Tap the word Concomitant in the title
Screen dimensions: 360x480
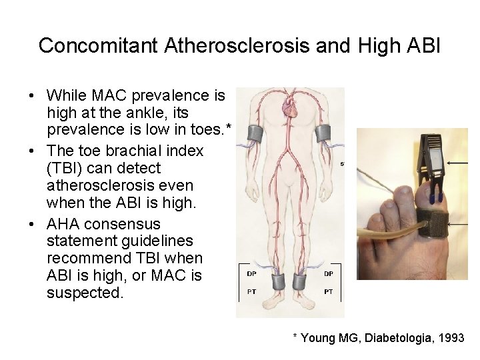tap(98, 45)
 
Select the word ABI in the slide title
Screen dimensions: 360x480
tap(421, 45)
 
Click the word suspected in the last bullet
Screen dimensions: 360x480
tap(85, 293)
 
